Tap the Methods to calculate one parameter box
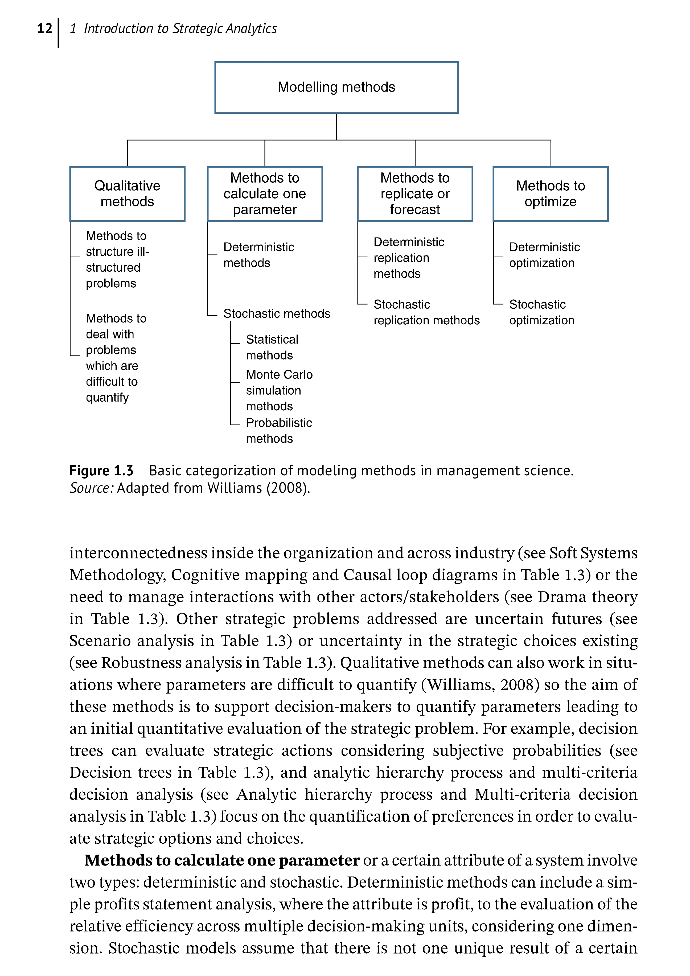click(x=265, y=194)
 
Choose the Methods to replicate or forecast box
click(x=415, y=194)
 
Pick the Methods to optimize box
click(x=550, y=194)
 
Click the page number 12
click(x=45, y=28)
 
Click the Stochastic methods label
click(x=277, y=314)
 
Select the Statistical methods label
click(x=272, y=347)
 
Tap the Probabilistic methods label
click(x=279, y=431)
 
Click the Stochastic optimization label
click(x=542, y=312)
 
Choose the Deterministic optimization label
click(x=544, y=255)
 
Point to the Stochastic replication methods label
click(x=426, y=312)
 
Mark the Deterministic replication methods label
click(x=409, y=258)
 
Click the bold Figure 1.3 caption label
click(x=101, y=471)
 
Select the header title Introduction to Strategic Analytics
click(x=180, y=28)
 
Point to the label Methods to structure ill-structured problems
click(x=117, y=259)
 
